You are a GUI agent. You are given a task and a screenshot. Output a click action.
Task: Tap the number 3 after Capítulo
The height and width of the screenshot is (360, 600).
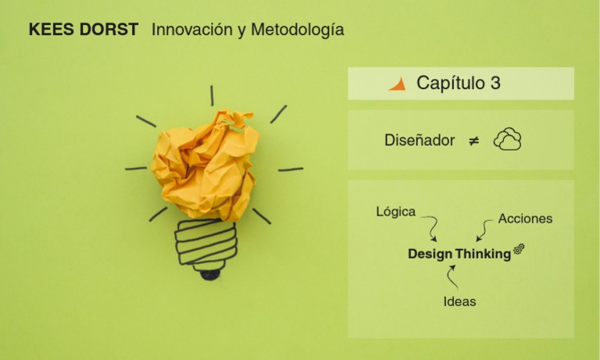495,84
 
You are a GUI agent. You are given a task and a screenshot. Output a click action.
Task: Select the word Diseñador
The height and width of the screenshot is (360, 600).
420,141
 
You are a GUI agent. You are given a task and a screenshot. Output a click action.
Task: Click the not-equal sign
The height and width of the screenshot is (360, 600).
473,141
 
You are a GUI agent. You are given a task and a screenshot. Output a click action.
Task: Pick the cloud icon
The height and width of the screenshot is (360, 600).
507,140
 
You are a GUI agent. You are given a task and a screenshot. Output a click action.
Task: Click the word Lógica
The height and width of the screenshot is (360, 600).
395,211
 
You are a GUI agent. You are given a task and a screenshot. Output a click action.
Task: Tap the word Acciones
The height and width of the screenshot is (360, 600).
525,219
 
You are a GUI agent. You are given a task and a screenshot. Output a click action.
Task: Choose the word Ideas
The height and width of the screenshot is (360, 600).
459,301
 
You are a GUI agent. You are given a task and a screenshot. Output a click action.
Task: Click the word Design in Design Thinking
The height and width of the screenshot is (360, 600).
430,254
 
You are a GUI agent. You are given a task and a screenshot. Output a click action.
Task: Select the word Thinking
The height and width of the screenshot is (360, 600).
483,254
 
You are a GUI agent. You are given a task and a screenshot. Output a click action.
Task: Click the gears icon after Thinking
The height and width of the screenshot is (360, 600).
519,249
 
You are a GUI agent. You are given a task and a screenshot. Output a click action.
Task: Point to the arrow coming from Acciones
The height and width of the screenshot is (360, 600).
484,230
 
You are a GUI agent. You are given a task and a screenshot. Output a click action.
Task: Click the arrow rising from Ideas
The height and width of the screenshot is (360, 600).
452,276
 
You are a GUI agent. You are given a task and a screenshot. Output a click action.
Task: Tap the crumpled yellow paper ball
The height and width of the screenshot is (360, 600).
205,164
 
